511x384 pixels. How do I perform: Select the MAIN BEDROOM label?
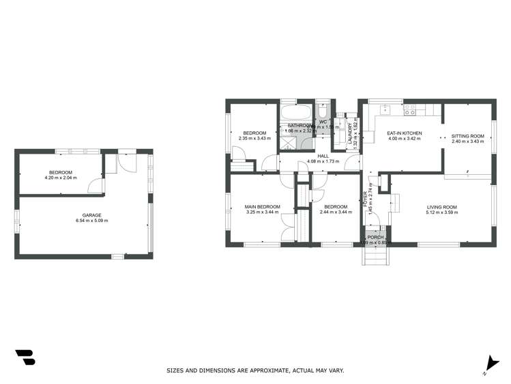click(x=263, y=206)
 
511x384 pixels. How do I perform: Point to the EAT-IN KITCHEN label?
click(x=405, y=133)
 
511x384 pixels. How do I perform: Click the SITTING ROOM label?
click(x=467, y=136)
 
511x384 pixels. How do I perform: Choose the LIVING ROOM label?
click(x=442, y=206)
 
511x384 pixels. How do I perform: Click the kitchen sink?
click(x=385, y=109)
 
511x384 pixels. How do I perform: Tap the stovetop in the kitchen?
click(x=411, y=109)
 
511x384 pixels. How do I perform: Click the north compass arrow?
click(x=487, y=364)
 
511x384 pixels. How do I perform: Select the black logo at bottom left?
click(x=25, y=357)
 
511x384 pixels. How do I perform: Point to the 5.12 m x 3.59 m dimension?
click(x=442, y=212)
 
